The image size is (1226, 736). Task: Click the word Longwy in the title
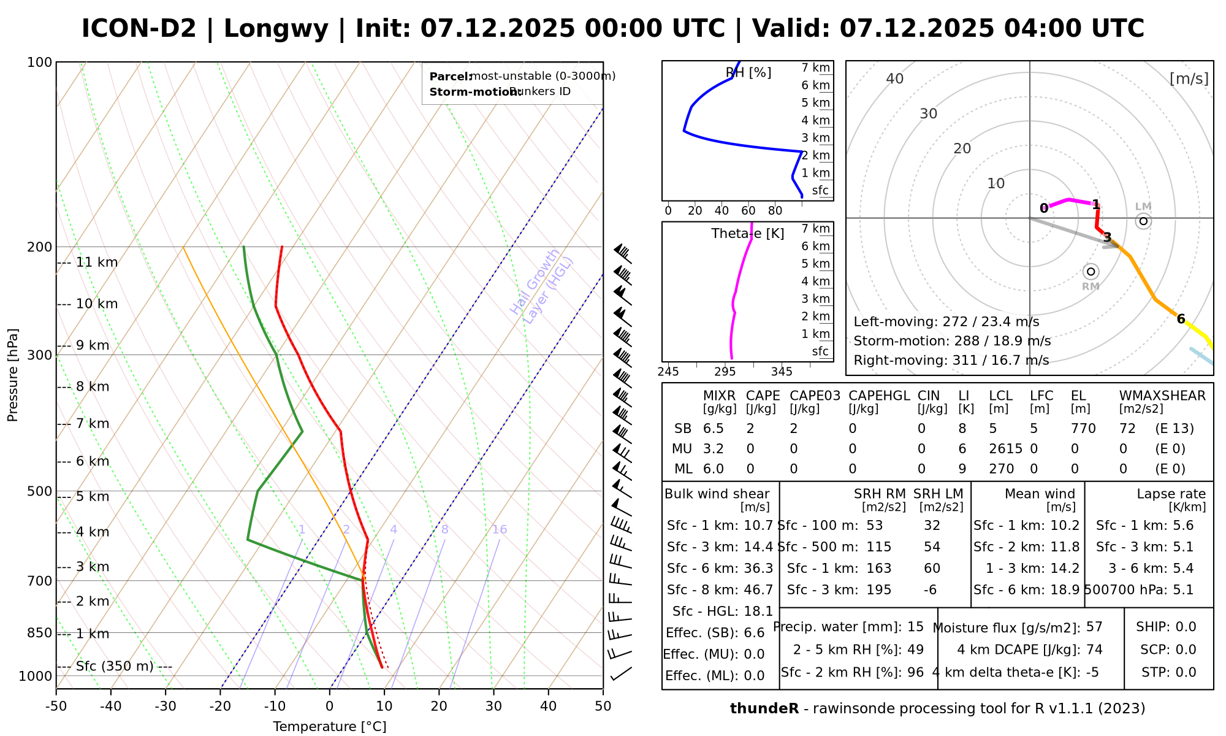(276, 29)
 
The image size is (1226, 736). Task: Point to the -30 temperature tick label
(166, 706)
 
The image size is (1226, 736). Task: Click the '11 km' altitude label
(96, 263)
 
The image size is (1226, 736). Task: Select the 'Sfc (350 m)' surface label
(115, 666)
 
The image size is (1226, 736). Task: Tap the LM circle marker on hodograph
(1143, 221)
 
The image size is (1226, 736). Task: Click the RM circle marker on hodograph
(1091, 271)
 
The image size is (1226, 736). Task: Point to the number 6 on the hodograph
(1181, 318)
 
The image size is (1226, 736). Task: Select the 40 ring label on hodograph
(895, 79)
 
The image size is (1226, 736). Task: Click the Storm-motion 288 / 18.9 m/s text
(952, 341)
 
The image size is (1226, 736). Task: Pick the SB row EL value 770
(1083, 429)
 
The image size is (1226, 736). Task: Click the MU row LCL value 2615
(1005, 449)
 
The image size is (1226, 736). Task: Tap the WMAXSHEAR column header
(1162, 396)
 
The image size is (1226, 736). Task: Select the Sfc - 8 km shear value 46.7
(758, 590)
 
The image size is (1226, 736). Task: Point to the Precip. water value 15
(915, 627)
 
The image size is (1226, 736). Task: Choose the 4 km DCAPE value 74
(1094, 650)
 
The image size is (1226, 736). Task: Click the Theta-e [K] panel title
(747, 234)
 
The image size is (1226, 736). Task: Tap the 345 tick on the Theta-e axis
(782, 372)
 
